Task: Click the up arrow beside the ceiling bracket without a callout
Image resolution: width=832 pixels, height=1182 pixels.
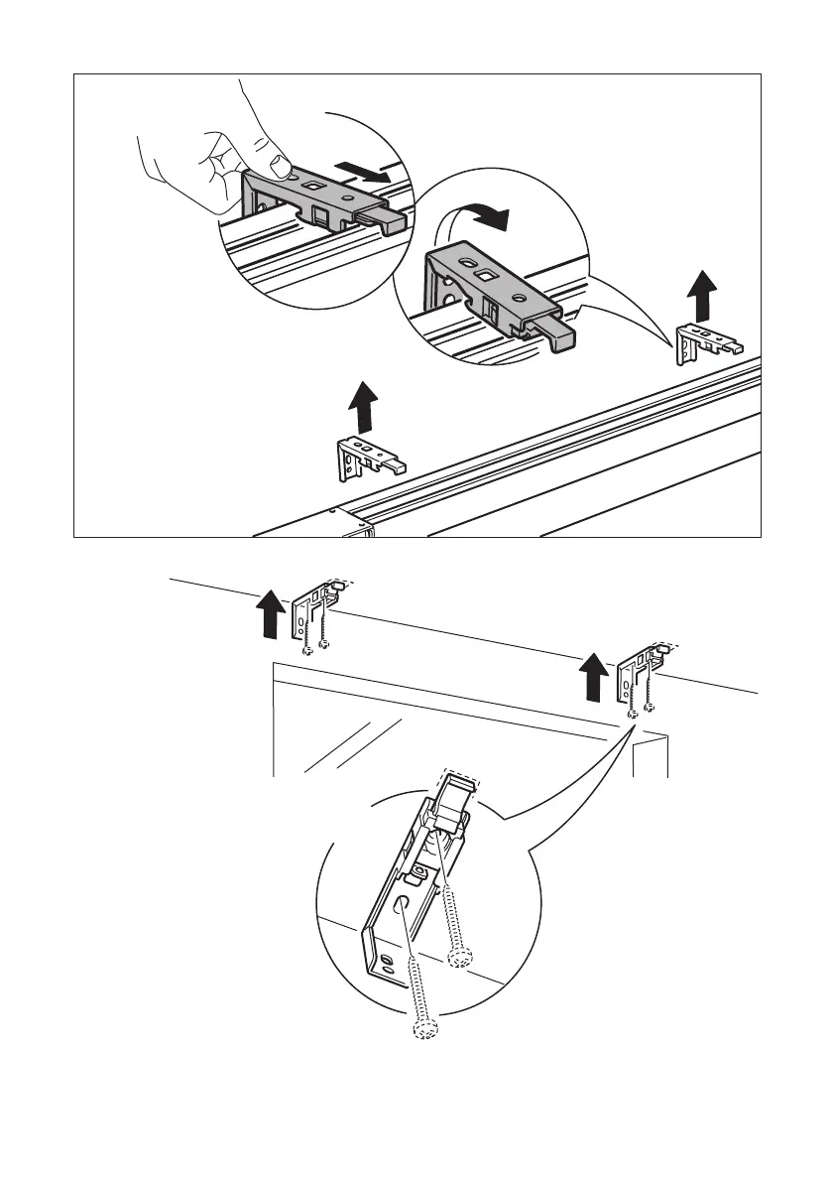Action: pyautogui.click(x=266, y=615)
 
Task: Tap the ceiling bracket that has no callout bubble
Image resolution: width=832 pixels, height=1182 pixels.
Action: pyautogui.click(x=313, y=615)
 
